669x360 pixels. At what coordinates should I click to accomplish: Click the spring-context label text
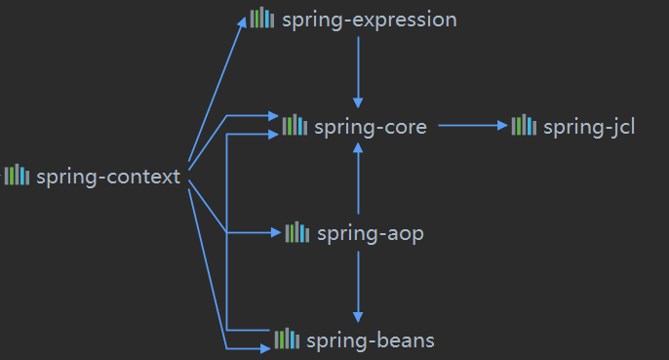[x=108, y=177]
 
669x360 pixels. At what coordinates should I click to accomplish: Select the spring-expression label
[x=369, y=20]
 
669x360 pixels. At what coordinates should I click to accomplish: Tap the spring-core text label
[x=371, y=126]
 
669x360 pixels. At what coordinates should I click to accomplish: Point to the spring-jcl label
[x=589, y=126]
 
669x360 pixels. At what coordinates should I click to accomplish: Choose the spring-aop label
[x=370, y=233]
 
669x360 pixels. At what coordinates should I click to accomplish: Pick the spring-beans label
[x=370, y=340]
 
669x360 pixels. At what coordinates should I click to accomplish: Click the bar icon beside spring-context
[x=17, y=176]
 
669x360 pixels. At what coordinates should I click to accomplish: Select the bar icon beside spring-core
[x=295, y=125]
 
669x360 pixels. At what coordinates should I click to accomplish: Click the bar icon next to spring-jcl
[x=524, y=125]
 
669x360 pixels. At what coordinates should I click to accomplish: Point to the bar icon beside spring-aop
[x=296, y=232]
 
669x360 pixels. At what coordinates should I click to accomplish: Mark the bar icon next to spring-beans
[x=286, y=339]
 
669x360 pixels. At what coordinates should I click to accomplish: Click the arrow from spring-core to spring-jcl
[x=473, y=125]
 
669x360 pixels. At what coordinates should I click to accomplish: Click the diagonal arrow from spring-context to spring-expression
[x=216, y=93]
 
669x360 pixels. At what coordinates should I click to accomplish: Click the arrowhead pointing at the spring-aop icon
[x=276, y=232]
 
